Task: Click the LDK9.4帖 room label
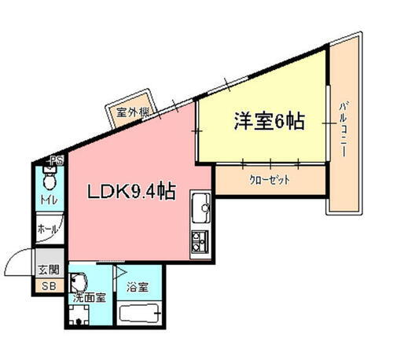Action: (x=130, y=191)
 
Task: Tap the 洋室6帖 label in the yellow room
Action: (x=267, y=122)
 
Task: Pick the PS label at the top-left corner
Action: (x=56, y=161)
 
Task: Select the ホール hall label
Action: (x=48, y=231)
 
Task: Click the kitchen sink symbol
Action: (x=199, y=208)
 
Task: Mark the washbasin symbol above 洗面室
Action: (x=79, y=281)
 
